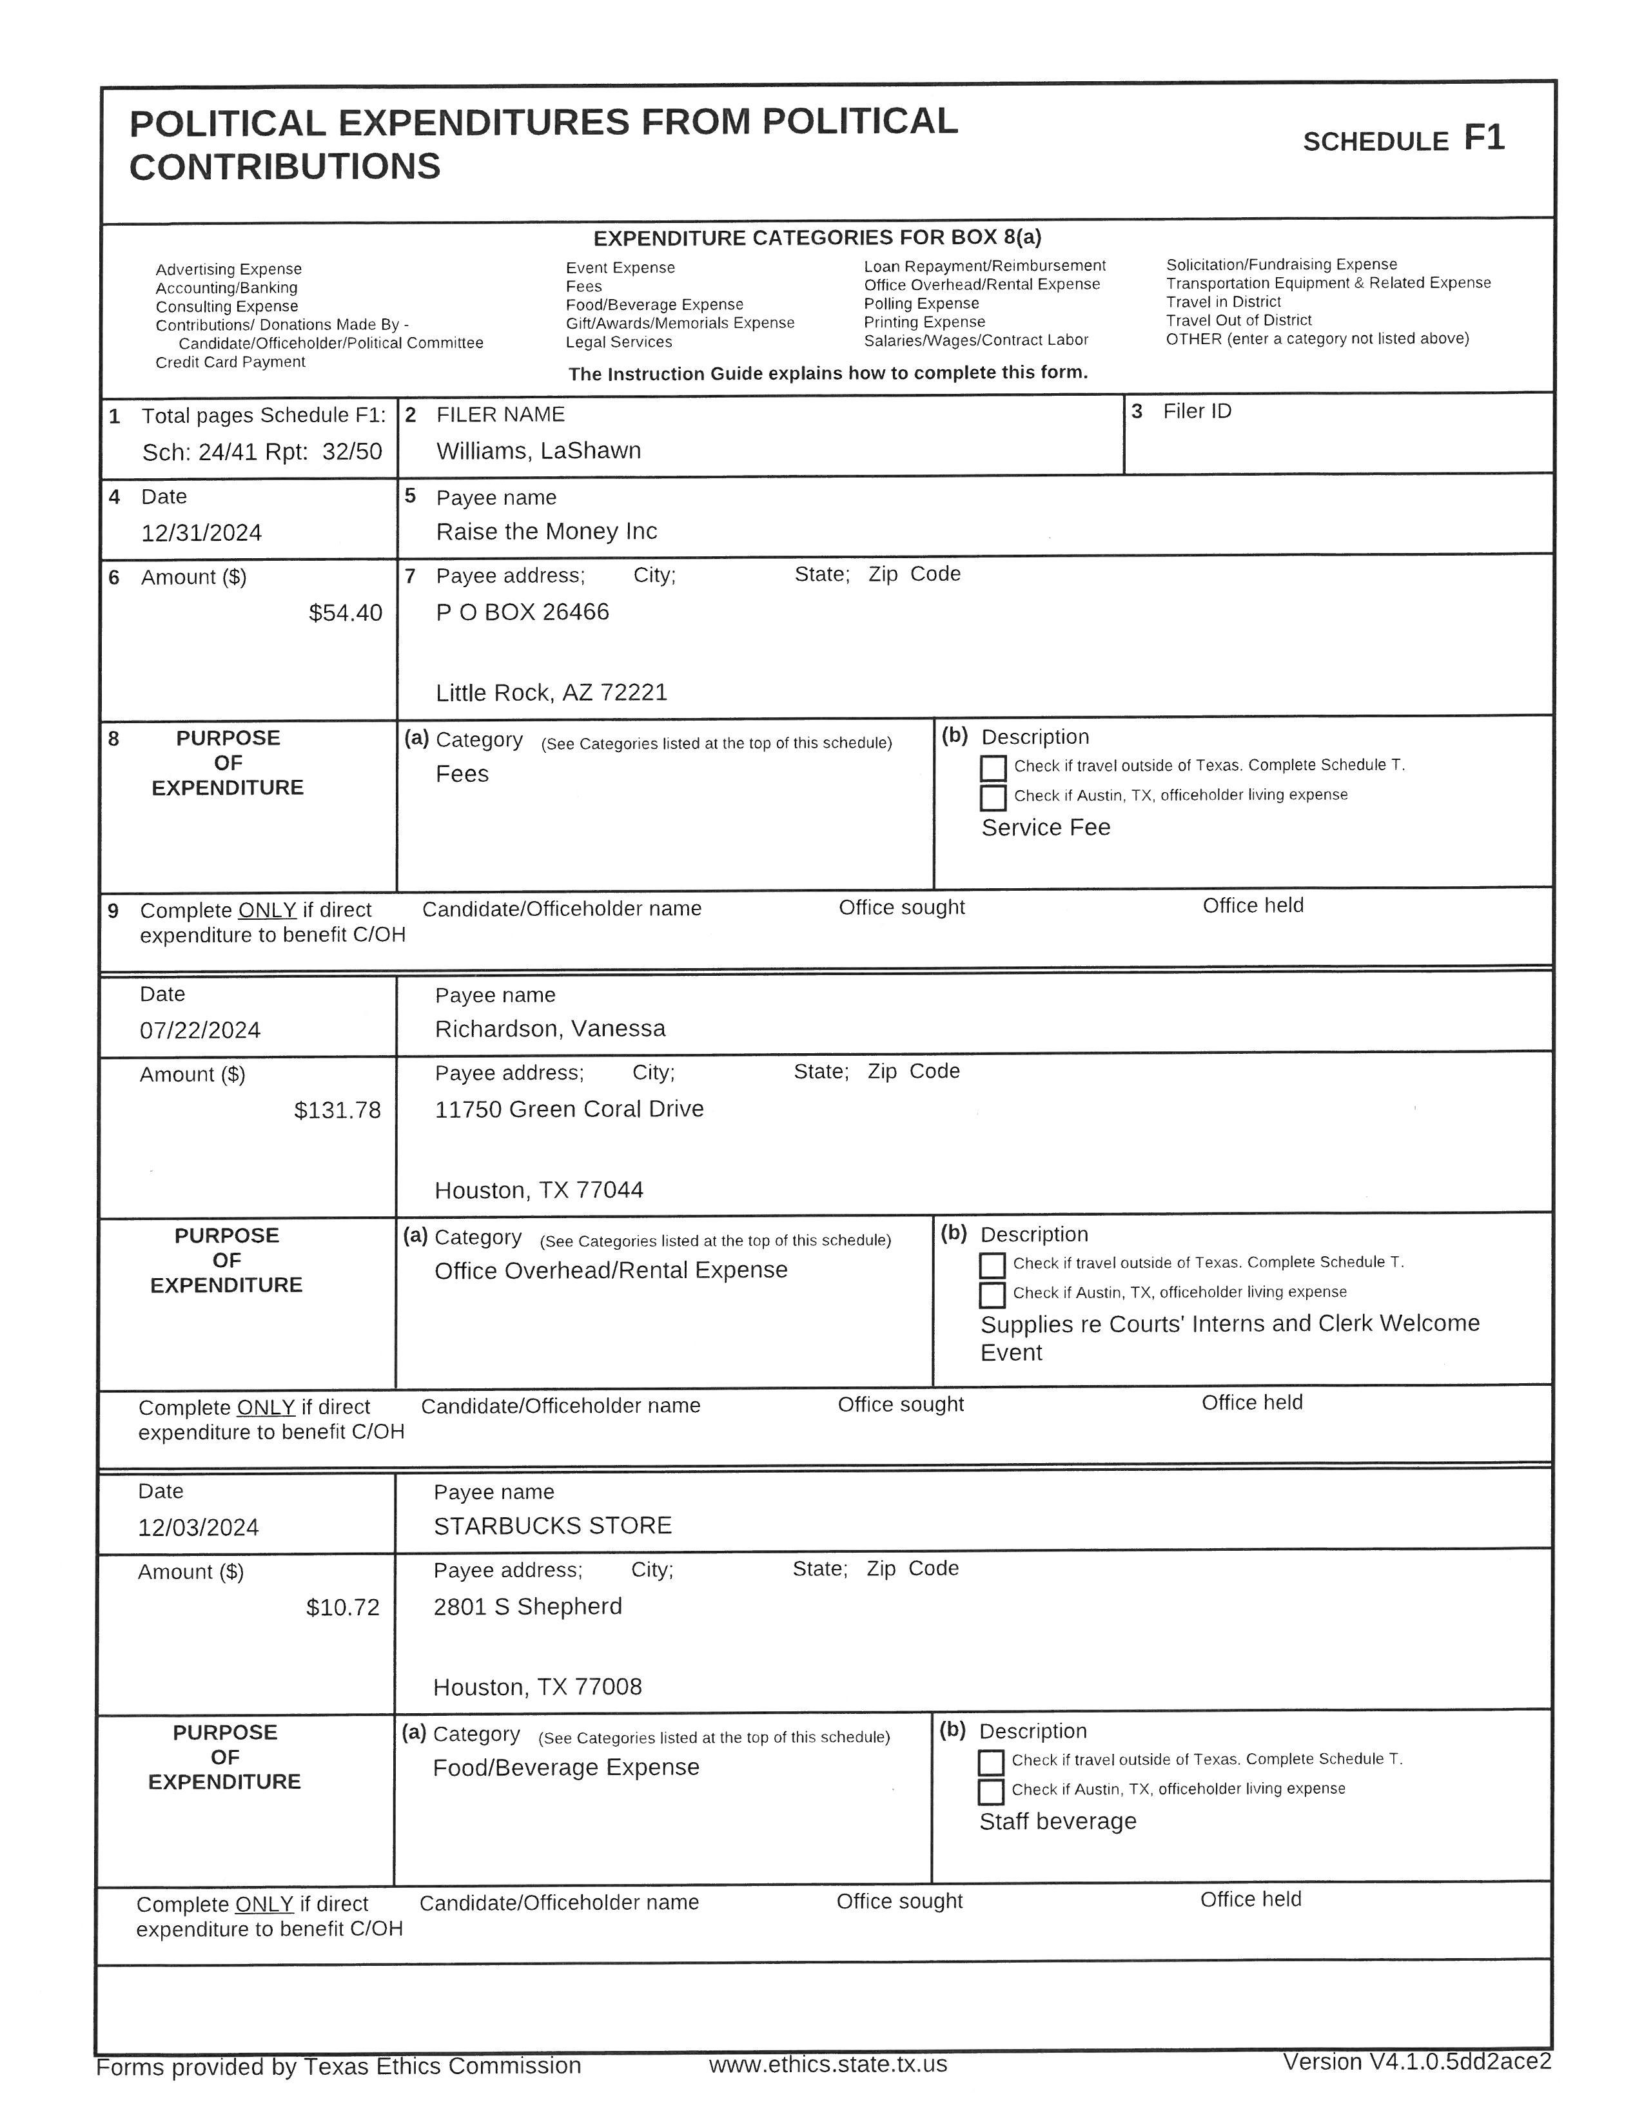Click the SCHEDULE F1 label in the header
1404,141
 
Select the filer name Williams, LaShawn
538,451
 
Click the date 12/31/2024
202,533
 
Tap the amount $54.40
345,612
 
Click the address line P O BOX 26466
522,612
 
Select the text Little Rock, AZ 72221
551,692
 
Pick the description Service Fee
1045,828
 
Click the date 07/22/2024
200,1031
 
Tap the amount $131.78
337,1111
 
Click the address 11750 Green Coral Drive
569,1109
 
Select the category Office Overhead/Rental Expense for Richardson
611,1270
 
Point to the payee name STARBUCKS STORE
553,1525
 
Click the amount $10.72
343,1607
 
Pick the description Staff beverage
1058,1821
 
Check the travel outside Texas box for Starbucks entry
990,1763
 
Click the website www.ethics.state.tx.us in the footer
828,2064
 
